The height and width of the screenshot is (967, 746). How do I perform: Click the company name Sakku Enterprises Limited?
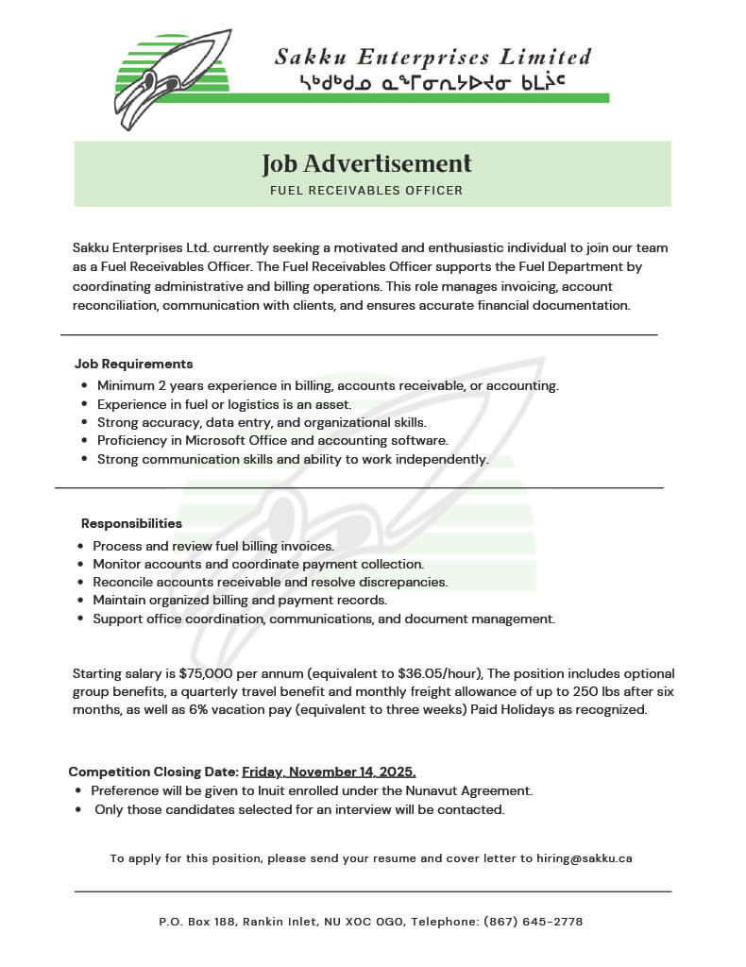click(432, 57)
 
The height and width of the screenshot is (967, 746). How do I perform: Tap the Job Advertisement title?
click(366, 164)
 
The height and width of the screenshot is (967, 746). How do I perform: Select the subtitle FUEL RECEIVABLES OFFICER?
click(366, 191)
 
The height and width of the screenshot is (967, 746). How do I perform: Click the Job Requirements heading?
click(133, 364)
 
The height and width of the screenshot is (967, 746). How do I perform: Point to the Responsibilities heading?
click(131, 523)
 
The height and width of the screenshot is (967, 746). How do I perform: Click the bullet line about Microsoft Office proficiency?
click(272, 441)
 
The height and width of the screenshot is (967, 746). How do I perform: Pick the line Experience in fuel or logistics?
click(224, 404)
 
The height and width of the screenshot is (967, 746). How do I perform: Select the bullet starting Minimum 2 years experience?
click(328, 386)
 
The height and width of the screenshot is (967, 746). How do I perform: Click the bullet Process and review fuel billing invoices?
click(212, 547)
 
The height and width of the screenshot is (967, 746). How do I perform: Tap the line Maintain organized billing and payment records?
click(240, 601)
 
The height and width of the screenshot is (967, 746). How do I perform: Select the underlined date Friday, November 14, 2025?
click(329, 772)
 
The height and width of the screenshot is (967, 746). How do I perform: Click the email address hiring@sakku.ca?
click(585, 858)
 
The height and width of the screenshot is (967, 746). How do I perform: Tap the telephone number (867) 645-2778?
click(533, 922)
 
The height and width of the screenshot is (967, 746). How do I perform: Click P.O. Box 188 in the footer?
click(197, 922)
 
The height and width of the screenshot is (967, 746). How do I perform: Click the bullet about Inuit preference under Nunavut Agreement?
click(312, 790)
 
